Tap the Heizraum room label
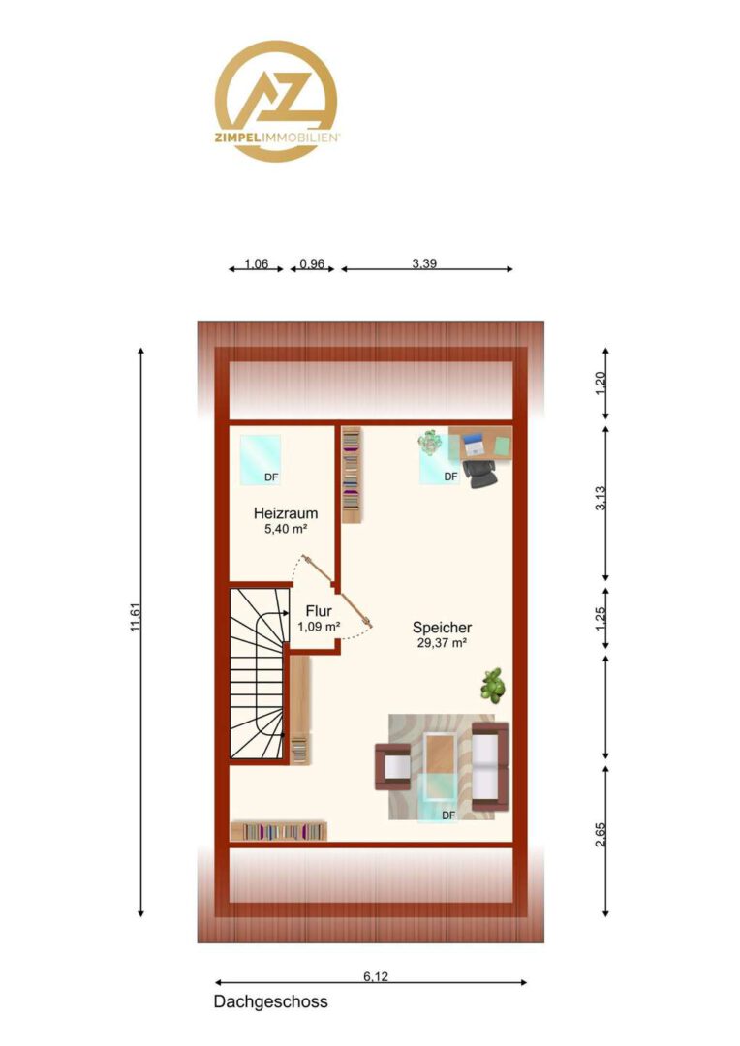286,513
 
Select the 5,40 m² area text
286,529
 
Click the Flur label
319,611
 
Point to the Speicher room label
442,628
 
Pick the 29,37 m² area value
442,643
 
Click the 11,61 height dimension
136,617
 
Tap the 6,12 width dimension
376,976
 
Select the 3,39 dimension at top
424,263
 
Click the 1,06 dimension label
257,263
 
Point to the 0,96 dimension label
312,263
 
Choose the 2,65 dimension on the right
601,835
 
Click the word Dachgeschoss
271,1002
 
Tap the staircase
259,673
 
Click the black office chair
479,473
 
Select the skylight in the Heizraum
261,460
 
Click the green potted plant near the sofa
493,686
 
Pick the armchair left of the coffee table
393,766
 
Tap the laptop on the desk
474,443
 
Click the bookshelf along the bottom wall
279,831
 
